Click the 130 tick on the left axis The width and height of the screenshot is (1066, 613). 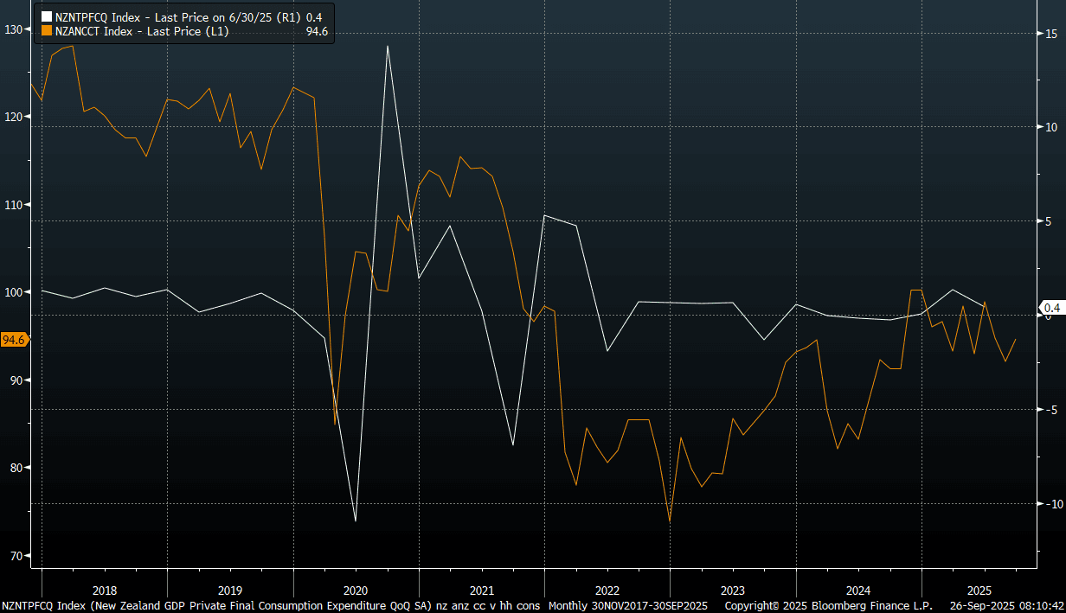pyautogui.click(x=14, y=29)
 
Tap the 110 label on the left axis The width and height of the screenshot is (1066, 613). pyautogui.click(x=14, y=205)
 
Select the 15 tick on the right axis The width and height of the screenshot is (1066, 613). pyautogui.click(x=1050, y=33)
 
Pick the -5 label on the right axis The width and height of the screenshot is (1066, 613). pyautogui.click(x=1049, y=409)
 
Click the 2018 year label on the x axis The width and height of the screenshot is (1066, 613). pyautogui.click(x=104, y=591)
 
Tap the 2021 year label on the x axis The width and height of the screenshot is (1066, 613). pyautogui.click(x=481, y=591)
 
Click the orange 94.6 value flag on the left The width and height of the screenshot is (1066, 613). pyautogui.click(x=14, y=340)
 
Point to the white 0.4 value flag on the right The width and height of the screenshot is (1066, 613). pyautogui.click(x=1051, y=308)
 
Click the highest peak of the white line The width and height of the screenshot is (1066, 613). pyautogui.click(x=387, y=46)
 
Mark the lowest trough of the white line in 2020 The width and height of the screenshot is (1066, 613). pyautogui.click(x=356, y=520)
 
